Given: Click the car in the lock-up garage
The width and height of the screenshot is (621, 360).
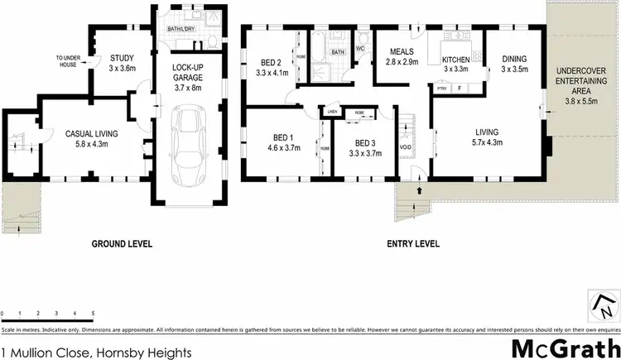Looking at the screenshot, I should pos(186,144).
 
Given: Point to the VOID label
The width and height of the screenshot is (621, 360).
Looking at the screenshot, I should pos(405,148).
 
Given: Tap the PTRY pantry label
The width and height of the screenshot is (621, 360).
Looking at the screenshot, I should pos(443,86).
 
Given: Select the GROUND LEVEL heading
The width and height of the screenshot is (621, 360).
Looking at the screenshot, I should pos(118,245).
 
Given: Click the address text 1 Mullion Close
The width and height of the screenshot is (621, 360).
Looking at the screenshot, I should pos(97,352).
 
